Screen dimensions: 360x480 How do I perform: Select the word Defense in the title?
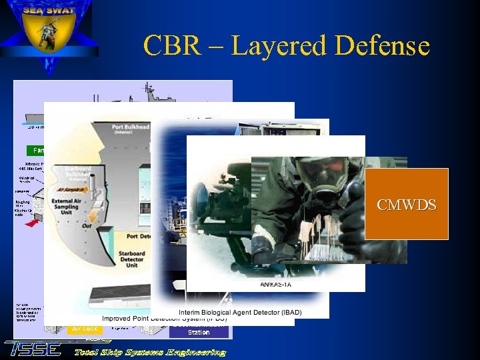point(382,47)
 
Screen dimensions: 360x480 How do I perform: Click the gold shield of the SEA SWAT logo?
point(48,33)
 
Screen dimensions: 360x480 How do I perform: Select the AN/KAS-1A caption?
point(275,285)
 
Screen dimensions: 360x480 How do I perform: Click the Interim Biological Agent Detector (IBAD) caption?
point(240,313)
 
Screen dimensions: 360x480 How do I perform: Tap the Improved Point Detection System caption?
point(164,319)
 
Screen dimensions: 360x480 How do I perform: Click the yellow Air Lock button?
point(85,329)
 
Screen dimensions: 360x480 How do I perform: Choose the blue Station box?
point(199,331)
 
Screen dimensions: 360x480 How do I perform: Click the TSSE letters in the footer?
point(33,349)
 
